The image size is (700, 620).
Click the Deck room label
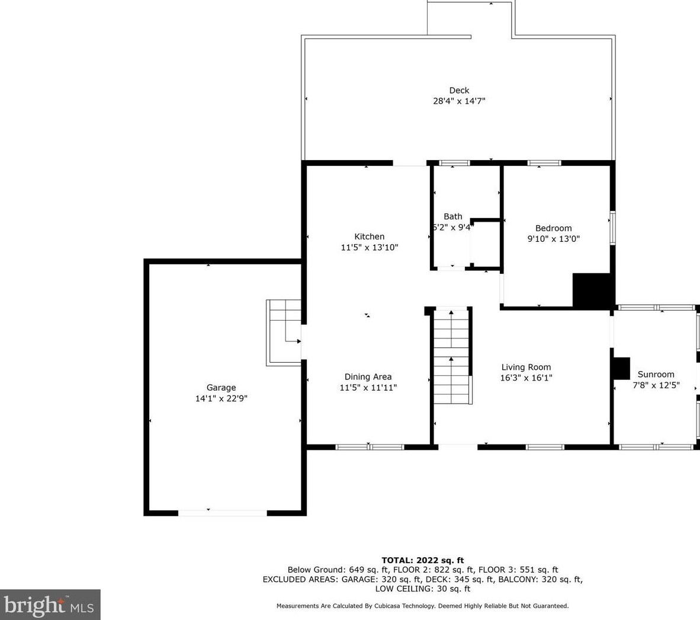pos(459,90)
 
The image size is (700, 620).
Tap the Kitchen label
pos(369,237)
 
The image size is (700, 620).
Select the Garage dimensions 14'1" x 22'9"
pos(221,398)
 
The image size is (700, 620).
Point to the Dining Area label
pos(368,377)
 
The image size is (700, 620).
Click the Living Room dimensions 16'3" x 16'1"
pos(526,378)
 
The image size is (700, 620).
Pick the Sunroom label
pos(656,375)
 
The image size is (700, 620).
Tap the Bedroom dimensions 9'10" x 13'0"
pos(554,239)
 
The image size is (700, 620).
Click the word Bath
pos(452,216)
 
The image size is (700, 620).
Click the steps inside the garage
pos(284,333)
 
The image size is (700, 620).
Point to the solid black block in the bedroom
pos(591,290)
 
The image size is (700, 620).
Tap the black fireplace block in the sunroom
pos(621,369)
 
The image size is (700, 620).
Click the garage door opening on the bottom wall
pos(222,513)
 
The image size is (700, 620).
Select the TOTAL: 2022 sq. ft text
pos(422,560)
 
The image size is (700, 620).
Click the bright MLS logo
pos(50,605)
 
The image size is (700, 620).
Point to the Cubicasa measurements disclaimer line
pos(422,606)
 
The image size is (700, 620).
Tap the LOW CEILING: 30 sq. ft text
pos(422,589)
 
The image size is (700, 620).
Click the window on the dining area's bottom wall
pos(370,447)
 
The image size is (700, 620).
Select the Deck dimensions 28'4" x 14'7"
pos(459,101)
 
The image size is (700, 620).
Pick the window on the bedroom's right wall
pos(613,228)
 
